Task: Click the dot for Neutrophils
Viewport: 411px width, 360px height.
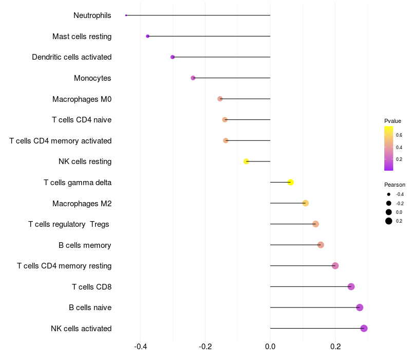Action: click(x=126, y=15)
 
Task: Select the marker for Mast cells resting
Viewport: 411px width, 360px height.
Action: click(x=148, y=37)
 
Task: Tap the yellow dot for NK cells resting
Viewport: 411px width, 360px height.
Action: click(x=246, y=161)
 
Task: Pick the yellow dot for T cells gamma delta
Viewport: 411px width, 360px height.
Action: click(x=291, y=183)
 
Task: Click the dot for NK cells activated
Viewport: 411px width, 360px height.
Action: click(x=364, y=329)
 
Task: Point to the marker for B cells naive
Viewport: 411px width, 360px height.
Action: click(x=360, y=308)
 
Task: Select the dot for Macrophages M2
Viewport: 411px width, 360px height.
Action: click(x=306, y=203)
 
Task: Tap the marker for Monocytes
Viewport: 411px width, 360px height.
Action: click(x=193, y=78)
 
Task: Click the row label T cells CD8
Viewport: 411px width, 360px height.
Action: click(x=91, y=286)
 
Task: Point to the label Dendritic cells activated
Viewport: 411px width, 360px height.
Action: click(x=71, y=57)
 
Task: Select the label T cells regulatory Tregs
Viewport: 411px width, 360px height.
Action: click(x=69, y=224)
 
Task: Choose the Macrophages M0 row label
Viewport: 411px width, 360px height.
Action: click(x=82, y=99)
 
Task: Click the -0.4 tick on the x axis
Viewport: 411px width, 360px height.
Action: click(x=140, y=346)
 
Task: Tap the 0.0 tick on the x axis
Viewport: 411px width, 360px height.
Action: click(x=270, y=346)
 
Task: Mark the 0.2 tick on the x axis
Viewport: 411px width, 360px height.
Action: click(x=335, y=346)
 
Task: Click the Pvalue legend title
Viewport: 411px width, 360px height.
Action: click(x=393, y=121)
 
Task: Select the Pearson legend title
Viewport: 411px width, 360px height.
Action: click(x=395, y=185)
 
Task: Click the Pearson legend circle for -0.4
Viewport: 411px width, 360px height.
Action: click(x=389, y=194)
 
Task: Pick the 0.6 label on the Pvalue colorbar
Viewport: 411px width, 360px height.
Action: click(x=399, y=135)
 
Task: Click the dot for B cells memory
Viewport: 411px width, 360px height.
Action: click(x=321, y=245)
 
